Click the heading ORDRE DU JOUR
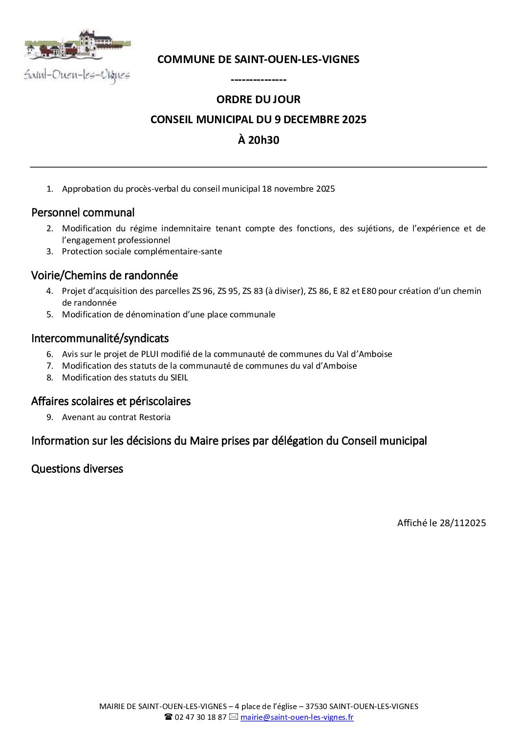[x=258, y=99]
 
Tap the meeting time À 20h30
[x=258, y=140]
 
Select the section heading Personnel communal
[x=83, y=213]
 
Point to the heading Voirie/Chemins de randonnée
[x=104, y=275]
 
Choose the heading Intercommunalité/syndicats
[x=100, y=338]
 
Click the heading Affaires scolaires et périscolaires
[x=110, y=401]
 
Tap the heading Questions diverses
[x=77, y=469]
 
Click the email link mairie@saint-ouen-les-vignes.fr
[x=297, y=717]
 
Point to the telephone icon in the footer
[x=168, y=717]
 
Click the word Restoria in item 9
[x=154, y=417]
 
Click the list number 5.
[x=49, y=314]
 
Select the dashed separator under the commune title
[x=258, y=80]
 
